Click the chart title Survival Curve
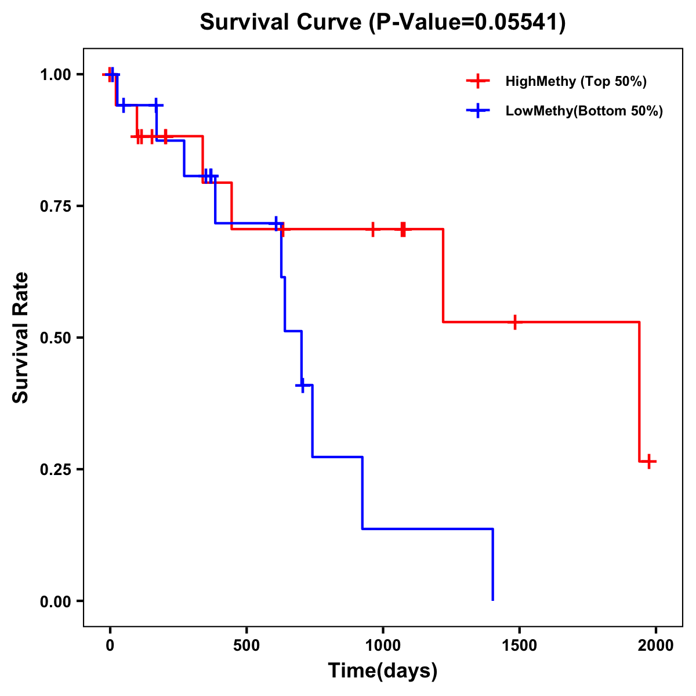[382, 22]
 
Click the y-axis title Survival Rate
[21, 337]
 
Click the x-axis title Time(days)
[382, 670]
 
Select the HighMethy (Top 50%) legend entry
[575, 81]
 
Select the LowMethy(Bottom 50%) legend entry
[583, 111]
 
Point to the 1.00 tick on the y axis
[55, 75]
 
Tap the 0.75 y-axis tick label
[55, 206]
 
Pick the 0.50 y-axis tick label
[55, 338]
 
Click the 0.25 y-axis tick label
[55, 470]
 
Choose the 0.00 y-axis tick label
[55, 601]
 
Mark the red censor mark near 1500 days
[514, 322]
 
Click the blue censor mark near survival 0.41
[302, 385]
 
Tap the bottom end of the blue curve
[492, 599]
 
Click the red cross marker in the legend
[478, 81]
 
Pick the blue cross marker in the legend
[478, 111]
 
